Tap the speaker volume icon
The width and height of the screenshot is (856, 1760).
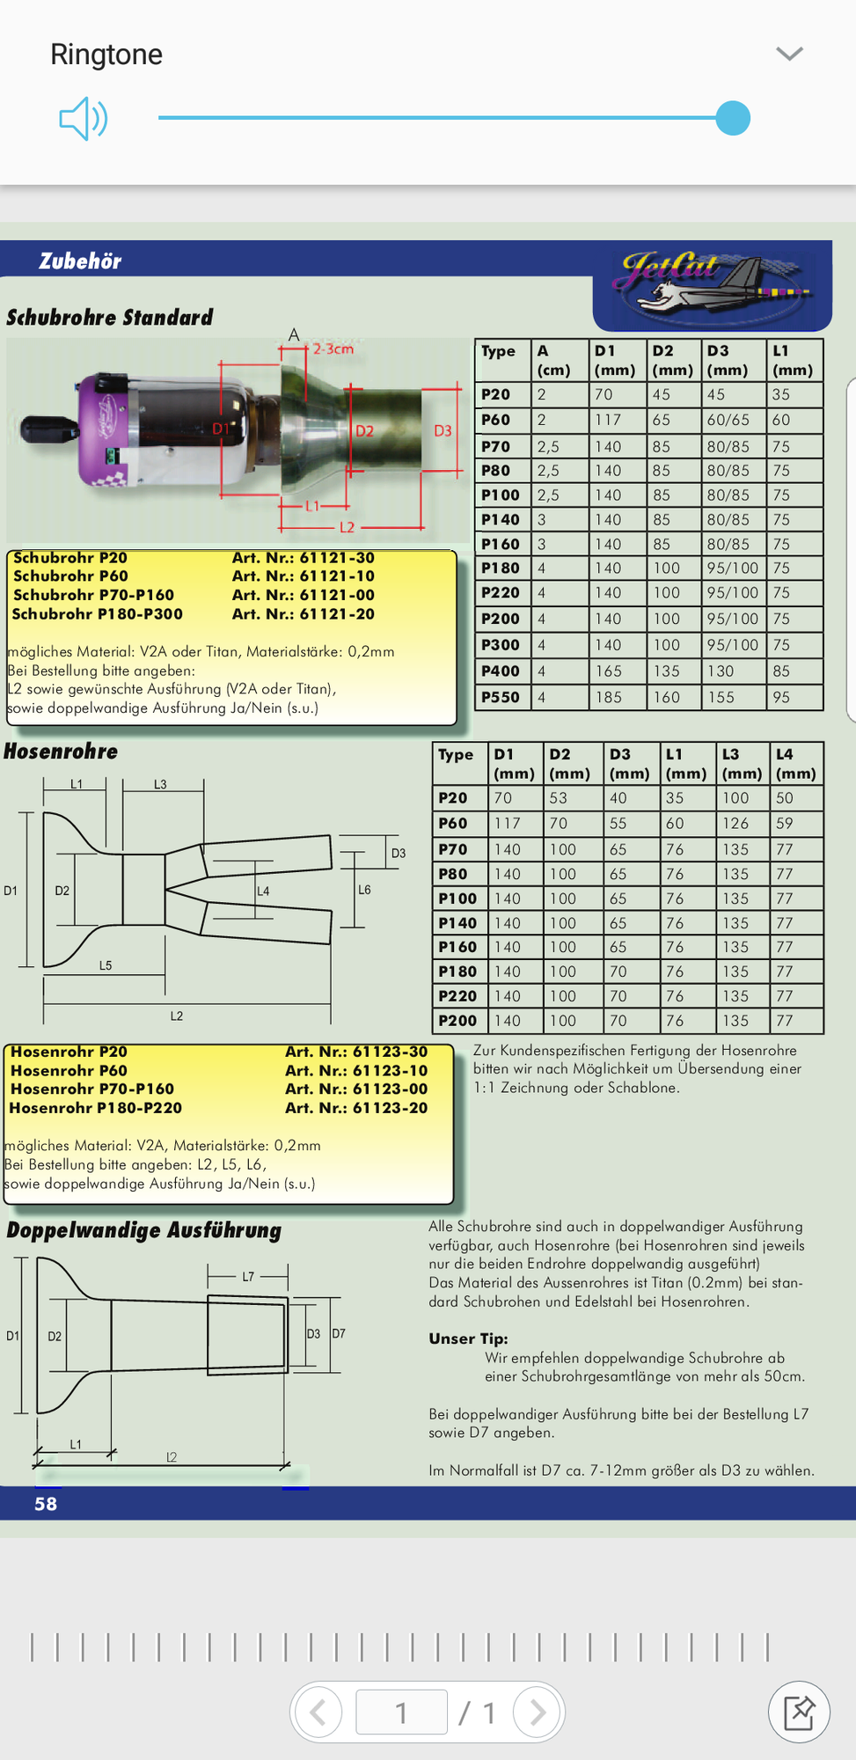point(84,118)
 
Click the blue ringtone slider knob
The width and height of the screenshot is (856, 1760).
point(732,118)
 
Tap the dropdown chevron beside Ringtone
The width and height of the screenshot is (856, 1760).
point(789,54)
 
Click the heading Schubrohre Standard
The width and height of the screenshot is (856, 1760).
point(110,318)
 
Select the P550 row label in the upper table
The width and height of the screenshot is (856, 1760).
point(501,697)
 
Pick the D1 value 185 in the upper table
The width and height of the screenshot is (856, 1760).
point(608,697)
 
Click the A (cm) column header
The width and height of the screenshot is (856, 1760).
point(554,360)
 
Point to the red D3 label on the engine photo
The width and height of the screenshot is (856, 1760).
point(443,430)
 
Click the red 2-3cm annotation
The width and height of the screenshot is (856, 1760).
point(333,348)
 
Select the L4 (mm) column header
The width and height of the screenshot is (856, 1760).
point(795,763)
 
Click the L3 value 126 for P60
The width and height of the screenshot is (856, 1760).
point(735,824)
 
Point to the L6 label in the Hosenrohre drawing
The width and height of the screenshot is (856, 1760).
point(364,890)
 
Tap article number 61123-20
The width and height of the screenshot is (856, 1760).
point(356,1108)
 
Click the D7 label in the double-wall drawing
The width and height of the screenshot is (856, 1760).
point(339,1333)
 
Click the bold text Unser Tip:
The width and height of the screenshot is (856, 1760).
point(468,1338)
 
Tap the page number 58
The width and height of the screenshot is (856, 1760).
point(46,1504)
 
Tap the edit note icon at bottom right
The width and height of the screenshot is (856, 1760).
point(799,1712)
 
